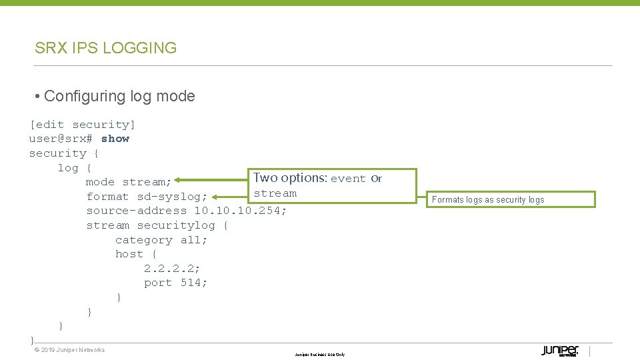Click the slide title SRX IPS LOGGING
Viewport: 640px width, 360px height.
point(105,48)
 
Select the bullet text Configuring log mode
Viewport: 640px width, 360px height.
point(119,96)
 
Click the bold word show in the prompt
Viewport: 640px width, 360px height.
point(115,139)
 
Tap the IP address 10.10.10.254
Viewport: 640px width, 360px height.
point(241,211)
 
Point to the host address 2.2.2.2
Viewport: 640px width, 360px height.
point(172,269)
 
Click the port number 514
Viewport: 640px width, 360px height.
point(194,283)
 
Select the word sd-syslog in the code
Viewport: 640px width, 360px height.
point(173,197)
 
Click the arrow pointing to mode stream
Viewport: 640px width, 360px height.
point(212,180)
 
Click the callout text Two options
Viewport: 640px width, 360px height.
point(289,178)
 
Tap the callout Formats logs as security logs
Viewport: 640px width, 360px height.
point(488,199)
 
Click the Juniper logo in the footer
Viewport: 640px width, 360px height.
point(559,351)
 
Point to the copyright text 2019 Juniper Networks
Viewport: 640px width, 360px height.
point(69,350)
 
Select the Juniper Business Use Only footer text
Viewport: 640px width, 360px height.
point(320,355)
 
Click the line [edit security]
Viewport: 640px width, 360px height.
point(82,125)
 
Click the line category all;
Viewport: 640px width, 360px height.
point(161,240)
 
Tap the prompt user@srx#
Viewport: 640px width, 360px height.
point(61,139)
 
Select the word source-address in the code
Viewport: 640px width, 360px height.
point(137,211)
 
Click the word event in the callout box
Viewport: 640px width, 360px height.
point(348,179)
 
